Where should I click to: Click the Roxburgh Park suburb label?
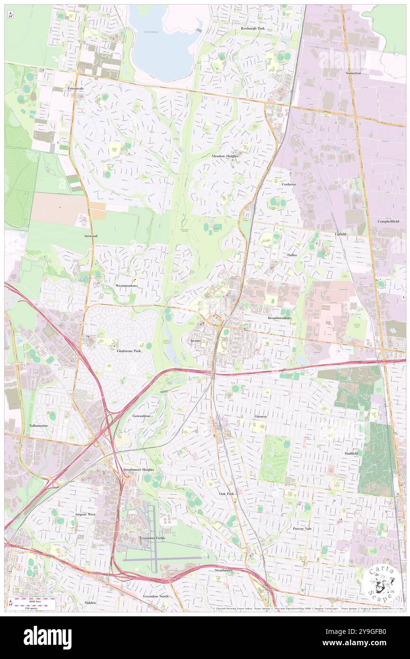[252, 28]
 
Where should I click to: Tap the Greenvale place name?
[75, 89]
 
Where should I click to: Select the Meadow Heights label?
[224, 156]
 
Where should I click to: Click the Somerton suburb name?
[353, 73]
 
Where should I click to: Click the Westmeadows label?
[126, 286]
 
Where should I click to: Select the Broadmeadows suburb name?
[279, 318]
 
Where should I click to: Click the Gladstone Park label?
[129, 351]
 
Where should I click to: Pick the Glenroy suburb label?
[261, 416]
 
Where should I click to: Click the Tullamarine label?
[38, 426]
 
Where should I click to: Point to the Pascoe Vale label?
[302, 528]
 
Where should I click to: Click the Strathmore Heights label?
[139, 469]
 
